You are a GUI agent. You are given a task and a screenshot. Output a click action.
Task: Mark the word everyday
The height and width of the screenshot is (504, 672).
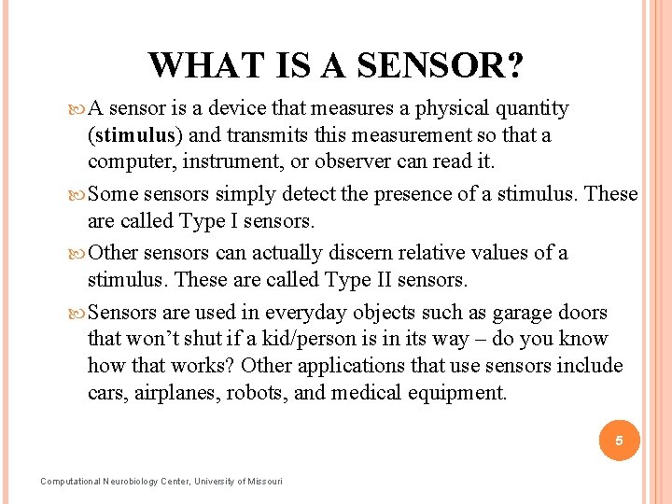coord(313,313)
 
